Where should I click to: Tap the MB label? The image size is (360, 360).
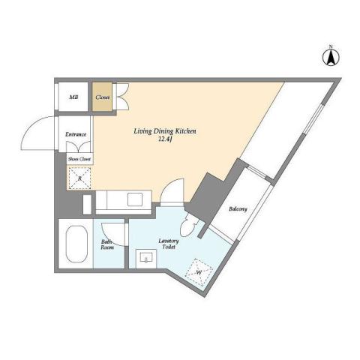click(x=74, y=97)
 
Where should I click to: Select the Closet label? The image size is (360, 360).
click(x=101, y=97)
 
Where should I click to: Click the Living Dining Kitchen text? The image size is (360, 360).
click(x=165, y=131)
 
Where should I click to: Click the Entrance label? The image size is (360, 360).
click(x=75, y=134)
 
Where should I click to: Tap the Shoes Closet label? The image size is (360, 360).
click(x=79, y=159)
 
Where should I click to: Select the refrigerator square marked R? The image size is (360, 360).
click(x=78, y=178)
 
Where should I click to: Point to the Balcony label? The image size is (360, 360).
click(x=239, y=208)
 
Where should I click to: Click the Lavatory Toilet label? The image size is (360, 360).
click(x=167, y=245)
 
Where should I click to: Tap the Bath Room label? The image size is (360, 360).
click(x=106, y=245)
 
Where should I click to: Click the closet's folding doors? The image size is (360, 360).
click(x=122, y=97)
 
